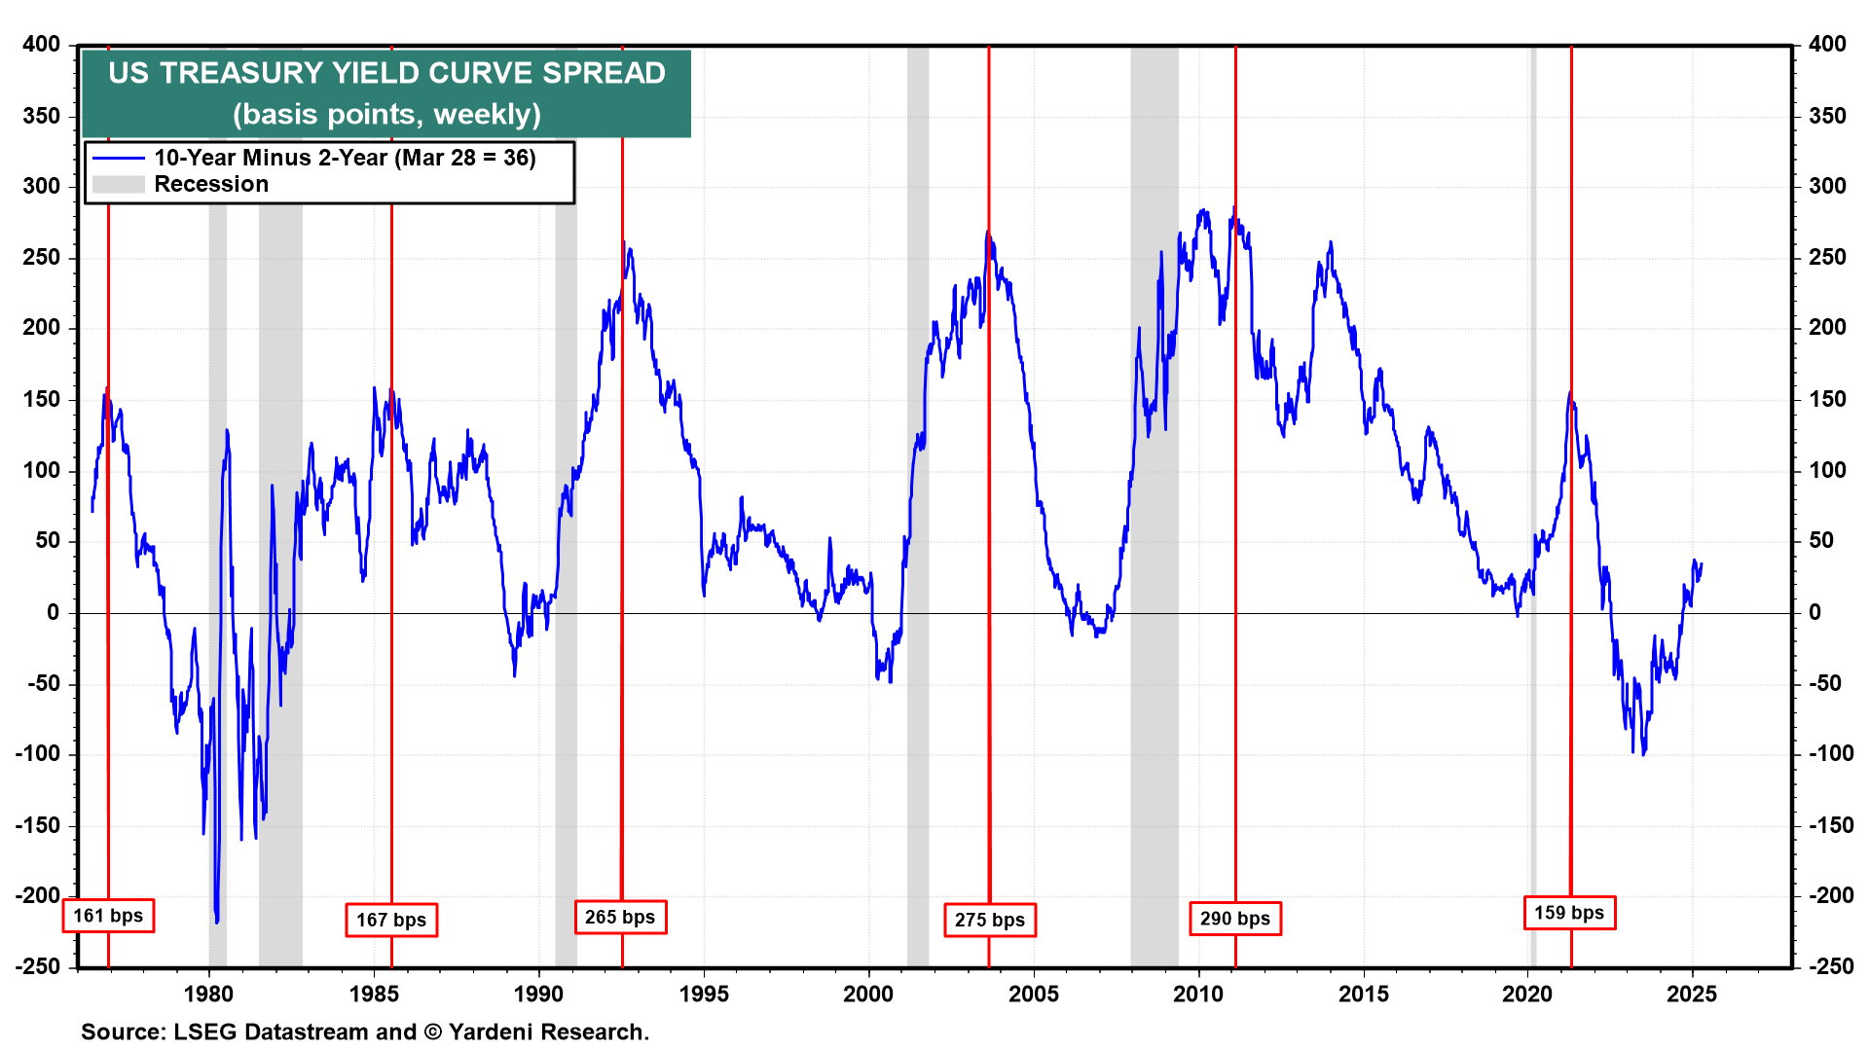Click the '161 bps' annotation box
pos(108,916)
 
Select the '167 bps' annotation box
pos(391,920)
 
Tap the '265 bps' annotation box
pos(620,917)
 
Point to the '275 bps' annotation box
pos(989,920)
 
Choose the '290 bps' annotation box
pos(1234,919)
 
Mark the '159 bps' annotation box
pos(1569,913)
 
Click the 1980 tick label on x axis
pos(208,994)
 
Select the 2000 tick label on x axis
pos(868,994)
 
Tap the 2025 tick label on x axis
pos(1692,994)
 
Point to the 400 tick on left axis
pos(42,44)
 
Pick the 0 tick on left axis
pos(53,612)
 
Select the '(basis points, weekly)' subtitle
pos(386,114)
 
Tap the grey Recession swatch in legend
pos(119,185)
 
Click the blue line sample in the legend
pos(119,158)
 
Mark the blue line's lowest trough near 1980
pos(216,920)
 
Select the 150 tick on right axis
pos(1827,399)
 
